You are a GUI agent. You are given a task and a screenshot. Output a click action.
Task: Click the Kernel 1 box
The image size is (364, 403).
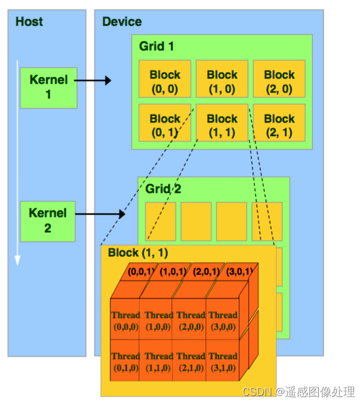click(x=48, y=87)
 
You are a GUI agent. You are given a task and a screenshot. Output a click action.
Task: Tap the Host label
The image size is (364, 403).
click(x=29, y=22)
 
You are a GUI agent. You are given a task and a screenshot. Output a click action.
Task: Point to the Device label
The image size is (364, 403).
click(x=122, y=22)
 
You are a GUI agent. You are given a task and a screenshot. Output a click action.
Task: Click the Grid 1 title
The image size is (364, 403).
click(x=157, y=46)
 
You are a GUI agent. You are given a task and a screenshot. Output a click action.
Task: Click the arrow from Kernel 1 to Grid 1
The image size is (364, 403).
click(x=94, y=80)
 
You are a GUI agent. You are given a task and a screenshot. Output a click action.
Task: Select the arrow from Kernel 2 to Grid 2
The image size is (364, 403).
click(x=100, y=214)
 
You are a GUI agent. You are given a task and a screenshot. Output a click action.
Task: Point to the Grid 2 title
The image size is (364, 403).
click(x=163, y=189)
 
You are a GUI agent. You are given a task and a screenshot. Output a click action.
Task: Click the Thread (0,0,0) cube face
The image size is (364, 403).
click(x=125, y=320)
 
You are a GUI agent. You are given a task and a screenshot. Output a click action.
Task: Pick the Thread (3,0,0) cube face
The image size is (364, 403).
click(x=223, y=320)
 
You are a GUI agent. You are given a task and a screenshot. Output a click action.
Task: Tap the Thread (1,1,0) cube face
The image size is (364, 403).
click(x=158, y=361)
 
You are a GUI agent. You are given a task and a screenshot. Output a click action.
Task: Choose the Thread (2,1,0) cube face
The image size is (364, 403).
click(x=190, y=361)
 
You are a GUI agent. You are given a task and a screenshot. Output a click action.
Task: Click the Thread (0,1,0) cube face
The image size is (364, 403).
click(x=125, y=361)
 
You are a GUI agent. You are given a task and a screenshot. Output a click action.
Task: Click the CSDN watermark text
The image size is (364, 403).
click(x=298, y=391)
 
